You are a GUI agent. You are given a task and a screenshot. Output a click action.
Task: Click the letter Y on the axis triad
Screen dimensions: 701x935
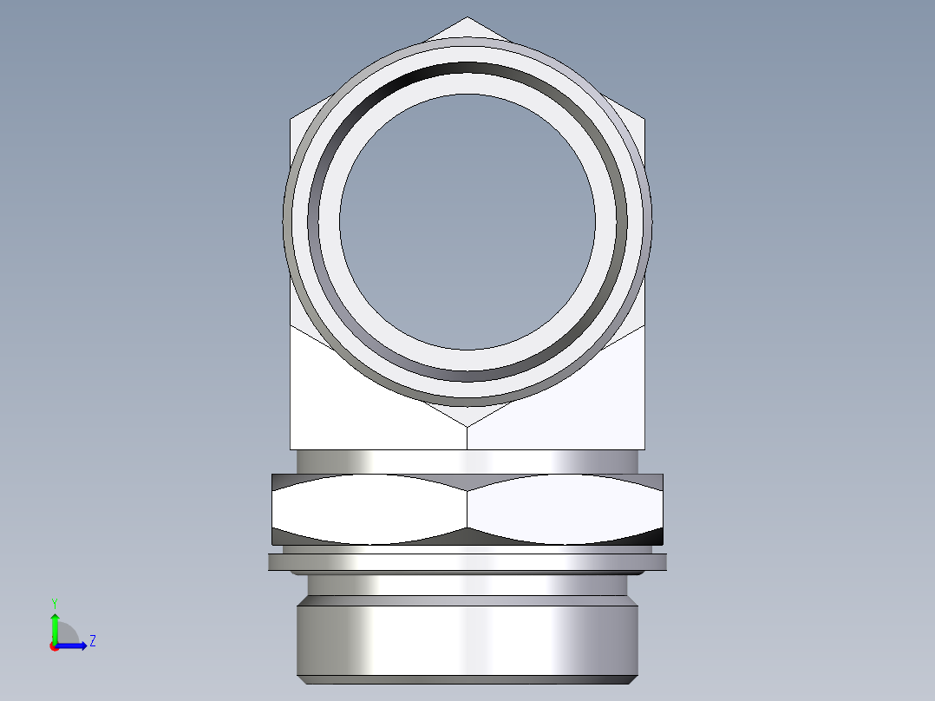click(54, 602)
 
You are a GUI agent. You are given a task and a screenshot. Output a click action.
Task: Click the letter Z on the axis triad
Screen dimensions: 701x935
click(92, 641)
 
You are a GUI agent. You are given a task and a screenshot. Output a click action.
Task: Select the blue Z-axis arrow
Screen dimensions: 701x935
click(75, 645)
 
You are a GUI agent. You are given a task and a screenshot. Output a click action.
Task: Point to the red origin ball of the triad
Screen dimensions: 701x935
click(54, 646)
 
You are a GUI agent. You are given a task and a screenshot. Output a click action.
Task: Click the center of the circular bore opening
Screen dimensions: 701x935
click(467, 222)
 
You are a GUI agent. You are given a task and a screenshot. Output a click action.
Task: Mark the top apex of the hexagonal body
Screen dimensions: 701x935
click(467, 17)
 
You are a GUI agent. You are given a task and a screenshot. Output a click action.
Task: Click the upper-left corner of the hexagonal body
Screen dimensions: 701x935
click(290, 117)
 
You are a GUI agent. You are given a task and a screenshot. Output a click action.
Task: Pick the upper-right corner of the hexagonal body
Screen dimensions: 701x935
click(645, 117)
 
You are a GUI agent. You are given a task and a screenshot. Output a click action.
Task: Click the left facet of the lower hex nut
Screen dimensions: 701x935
click(369, 509)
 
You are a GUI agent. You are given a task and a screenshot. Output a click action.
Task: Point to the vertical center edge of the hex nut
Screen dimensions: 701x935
click(467, 509)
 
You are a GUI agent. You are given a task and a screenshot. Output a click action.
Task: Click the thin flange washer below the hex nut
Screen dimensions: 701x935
click(467, 562)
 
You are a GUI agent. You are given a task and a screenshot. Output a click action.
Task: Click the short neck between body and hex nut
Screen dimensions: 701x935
click(467, 462)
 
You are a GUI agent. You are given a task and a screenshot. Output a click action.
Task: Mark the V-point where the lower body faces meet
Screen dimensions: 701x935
click(467, 427)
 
